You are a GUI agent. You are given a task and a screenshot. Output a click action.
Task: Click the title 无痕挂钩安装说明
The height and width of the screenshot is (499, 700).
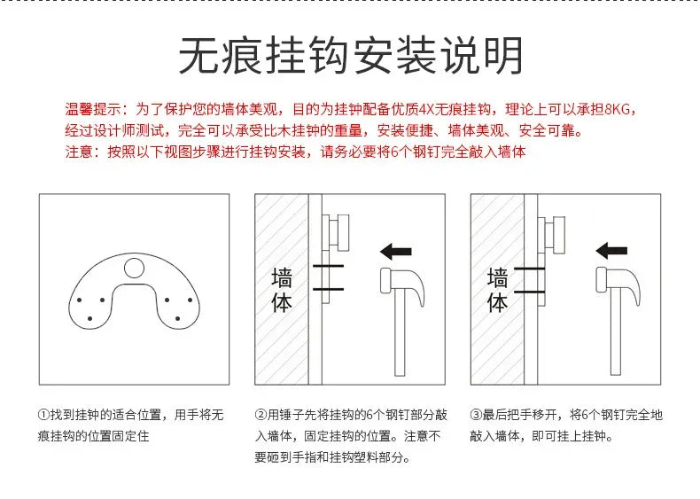(x=351, y=55)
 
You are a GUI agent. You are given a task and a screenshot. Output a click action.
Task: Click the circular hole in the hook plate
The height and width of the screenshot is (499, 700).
(x=134, y=268)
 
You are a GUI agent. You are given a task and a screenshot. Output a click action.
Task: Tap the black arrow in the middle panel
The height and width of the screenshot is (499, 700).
(x=395, y=252)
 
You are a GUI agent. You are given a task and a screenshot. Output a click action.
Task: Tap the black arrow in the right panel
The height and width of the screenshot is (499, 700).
(x=611, y=251)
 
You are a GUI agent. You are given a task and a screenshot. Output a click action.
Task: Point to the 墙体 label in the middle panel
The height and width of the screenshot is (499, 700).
(x=282, y=290)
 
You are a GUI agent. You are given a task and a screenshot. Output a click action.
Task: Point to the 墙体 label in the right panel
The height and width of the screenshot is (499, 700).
(x=497, y=290)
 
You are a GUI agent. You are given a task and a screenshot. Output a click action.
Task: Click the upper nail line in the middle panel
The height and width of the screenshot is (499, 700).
(x=328, y=266)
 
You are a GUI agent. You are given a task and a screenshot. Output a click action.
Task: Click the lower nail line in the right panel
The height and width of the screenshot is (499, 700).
(x=530, y=292)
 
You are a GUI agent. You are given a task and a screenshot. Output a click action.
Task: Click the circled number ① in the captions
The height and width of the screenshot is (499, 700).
(x=43, y=415)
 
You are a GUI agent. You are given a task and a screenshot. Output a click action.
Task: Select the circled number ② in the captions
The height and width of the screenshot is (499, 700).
(x=261, y=415)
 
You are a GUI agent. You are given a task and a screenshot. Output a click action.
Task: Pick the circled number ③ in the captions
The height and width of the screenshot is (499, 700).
(x=476, y=415)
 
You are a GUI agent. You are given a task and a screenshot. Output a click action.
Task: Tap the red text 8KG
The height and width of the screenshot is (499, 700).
(x=617, y=109)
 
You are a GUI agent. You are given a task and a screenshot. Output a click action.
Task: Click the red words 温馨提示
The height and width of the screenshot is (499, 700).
(x=92, y=109)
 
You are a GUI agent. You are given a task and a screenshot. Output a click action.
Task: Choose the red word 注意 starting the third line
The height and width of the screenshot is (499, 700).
(x=79, y=152)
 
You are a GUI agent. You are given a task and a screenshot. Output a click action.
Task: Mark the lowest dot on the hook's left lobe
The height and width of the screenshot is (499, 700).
(x=90, y=318)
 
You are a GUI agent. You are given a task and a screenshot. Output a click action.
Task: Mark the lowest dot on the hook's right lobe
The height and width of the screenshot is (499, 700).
(x=178, y=318)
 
